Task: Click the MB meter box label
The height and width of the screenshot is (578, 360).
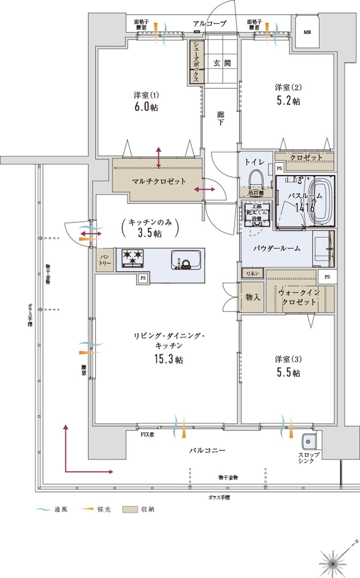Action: point(307,32)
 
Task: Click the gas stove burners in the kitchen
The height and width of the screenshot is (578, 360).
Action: point(132,258)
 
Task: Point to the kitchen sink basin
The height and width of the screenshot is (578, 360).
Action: point(186,260)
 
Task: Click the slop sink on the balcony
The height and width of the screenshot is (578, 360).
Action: point(309,442)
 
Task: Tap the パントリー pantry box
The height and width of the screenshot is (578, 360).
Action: point(105,260)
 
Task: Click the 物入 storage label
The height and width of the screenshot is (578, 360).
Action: point(252,297)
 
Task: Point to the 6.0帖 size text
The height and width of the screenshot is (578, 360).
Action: point(146,107)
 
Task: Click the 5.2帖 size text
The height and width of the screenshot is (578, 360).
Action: point(288,101)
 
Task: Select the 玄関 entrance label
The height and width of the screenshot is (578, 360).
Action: point(222,63)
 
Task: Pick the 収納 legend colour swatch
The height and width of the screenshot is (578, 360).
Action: point(129,510)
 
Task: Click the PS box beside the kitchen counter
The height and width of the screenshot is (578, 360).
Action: point(143,278)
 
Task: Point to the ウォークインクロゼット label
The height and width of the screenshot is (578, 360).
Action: point(299,297)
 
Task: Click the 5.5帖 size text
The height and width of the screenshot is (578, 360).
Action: point(288,373)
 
